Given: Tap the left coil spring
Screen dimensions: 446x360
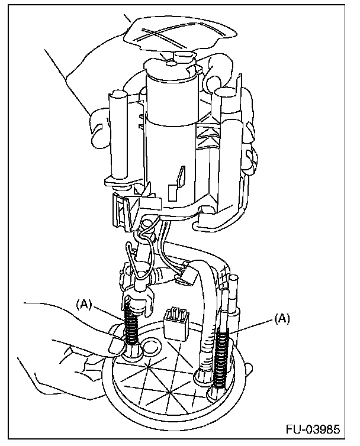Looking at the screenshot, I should [x=133, y=327].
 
